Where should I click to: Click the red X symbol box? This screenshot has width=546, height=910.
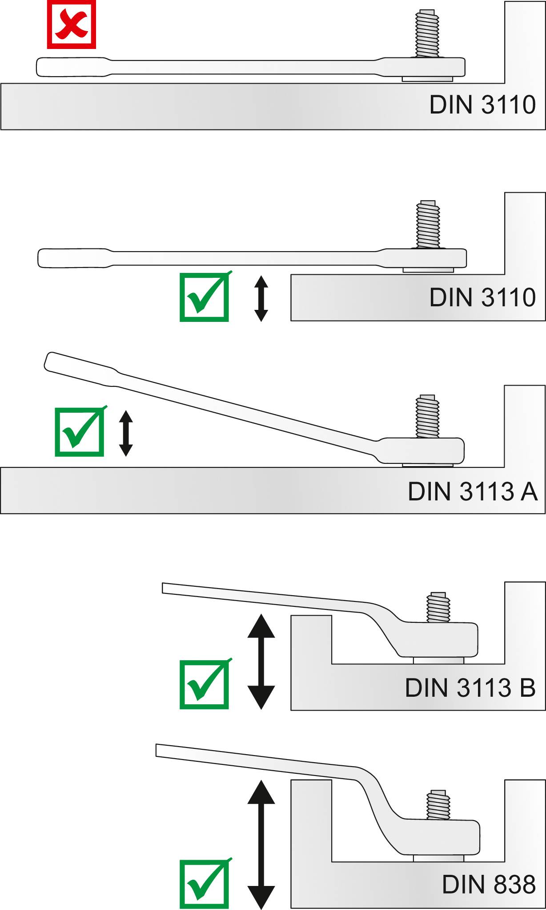pos(72,24)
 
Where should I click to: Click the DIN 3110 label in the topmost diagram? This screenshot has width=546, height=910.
pos(482,105)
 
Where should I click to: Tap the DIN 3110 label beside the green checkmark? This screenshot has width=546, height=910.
pos(482,297)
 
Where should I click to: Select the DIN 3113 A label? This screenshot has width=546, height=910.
pos(472,492)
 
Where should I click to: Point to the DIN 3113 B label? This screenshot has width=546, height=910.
pos(470,688)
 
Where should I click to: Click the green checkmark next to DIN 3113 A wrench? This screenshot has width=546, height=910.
pos(80,432)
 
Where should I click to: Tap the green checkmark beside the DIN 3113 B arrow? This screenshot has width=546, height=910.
pos(205,685)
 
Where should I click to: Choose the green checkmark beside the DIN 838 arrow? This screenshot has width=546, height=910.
pos(205,884)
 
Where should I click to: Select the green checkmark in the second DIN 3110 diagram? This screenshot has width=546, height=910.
pos(205,297)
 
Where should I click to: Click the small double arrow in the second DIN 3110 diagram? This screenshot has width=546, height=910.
pos(261,298)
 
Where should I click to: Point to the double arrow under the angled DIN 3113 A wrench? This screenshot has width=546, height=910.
pos(126,433)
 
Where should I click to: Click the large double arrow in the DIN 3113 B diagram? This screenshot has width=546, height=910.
pos(261,662)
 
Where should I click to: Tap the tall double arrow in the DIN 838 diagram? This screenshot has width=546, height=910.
pos(261,844)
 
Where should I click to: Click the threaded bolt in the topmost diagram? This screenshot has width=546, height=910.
pos(427,33)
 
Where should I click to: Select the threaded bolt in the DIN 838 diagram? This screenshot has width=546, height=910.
pos(438,805)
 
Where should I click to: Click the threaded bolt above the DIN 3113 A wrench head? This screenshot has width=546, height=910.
pos(427,416)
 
